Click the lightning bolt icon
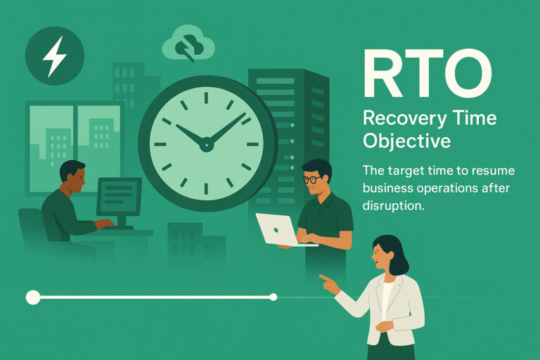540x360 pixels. [x=54, y=56]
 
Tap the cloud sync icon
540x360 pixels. [x=188, y=47]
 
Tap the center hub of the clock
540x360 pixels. [x=206, y=146]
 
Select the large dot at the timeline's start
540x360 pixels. [x=33, y=297]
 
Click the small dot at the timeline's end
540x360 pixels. [x=274, y=297]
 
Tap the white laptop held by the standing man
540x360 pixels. [x=276, y=230]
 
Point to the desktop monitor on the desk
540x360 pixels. [x=119, y=196]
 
